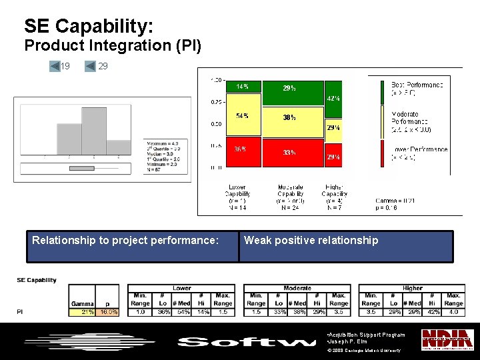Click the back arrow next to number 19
click(x=55, y=66)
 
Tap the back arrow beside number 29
click(x=90, y=66)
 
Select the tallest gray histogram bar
click(x=93, y=130)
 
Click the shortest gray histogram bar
click(x=118, y=147)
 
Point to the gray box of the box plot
click(x=82, y=167)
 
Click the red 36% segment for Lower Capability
click(x=244, y=155)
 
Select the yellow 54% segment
click(x=244, y=121)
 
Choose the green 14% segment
click(x=244, y=87)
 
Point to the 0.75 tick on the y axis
click(x=217, y=102)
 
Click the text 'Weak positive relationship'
click(x=311, y=241)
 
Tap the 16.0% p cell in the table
click(x=108, y=311)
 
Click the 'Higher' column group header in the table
click(x=412, y=288)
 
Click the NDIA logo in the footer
click(x=442, y=339)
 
